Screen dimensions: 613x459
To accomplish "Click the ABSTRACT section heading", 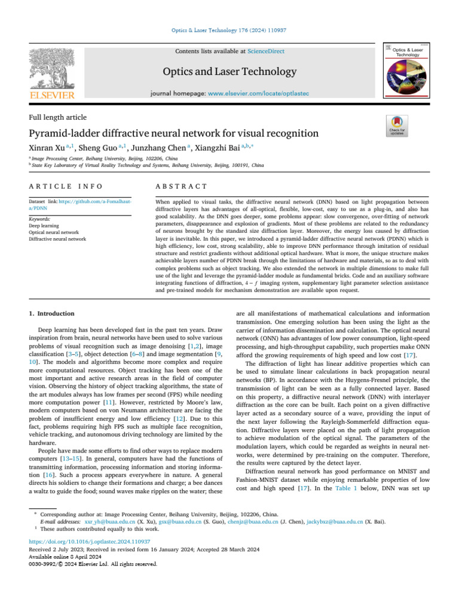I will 181,188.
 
